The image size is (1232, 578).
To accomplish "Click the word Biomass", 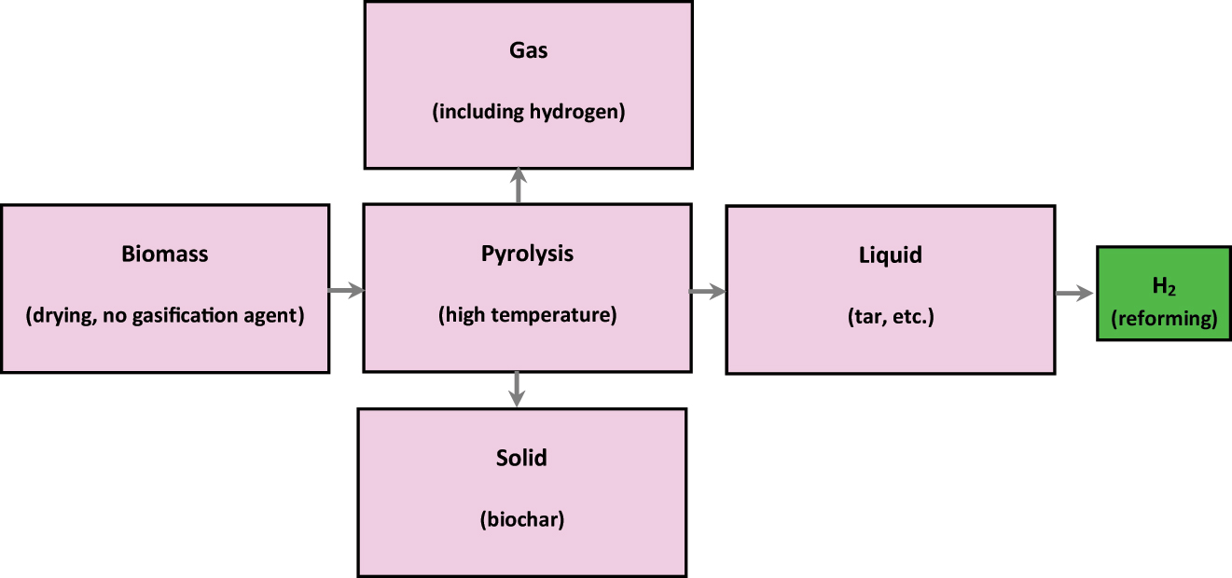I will pos(164,254).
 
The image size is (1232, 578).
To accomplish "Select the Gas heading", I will pos(527,50).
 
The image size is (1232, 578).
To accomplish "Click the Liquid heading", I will pos(890,255).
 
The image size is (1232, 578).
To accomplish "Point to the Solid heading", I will pos(521,458).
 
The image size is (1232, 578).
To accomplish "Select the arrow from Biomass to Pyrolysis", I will pos(345,292).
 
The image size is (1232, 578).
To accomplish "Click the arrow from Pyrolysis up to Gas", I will pos(519,186).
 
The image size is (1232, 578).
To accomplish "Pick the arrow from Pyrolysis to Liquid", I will pos(708,292).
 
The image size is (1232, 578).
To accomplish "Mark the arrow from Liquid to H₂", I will pos(1074,294).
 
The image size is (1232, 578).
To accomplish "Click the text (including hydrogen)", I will pos(527,113).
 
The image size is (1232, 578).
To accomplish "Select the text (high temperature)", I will pos(527,315).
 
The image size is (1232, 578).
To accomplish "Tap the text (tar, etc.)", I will pos(890,317).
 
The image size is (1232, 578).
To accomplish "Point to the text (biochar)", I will pos(521,520).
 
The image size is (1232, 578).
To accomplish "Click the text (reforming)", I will pos(1164,319).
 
